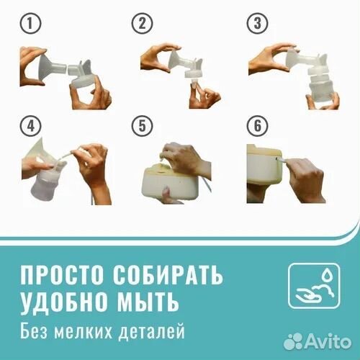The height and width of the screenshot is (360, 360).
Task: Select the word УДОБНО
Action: (x=63, y=301)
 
